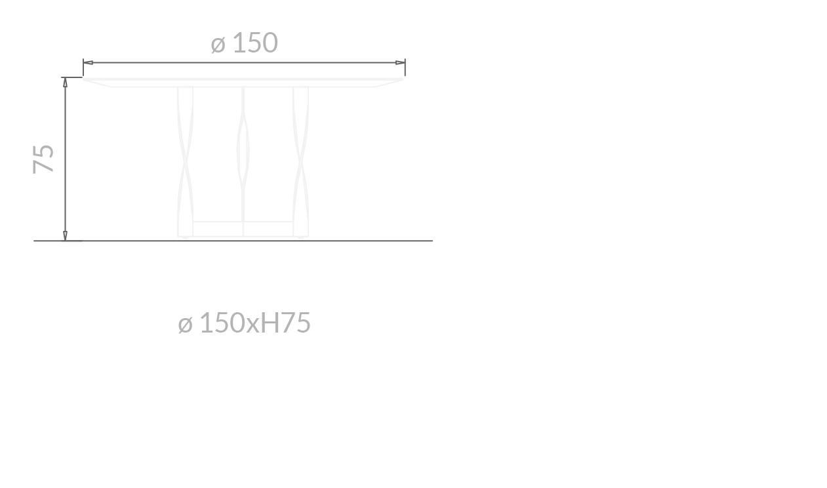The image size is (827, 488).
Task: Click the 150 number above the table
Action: tap(255, 43)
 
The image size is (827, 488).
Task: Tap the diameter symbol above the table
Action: tap(218, 45)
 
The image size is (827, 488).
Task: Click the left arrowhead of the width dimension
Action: tap(89, 63)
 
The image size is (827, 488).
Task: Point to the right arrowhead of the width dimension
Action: tap(400, 63)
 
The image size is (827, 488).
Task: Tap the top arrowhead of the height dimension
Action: tap(65, 83)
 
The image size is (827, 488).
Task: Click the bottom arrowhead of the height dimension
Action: tap(65, 235)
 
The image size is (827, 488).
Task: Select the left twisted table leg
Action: tap(186, 161)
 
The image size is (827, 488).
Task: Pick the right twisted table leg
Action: tap(301, 161)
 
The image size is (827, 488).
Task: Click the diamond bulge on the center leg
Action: tap(243, 148)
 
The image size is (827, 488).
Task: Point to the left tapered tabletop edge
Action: tap(98, 82)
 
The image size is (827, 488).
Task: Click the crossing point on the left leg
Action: tap(186, 159)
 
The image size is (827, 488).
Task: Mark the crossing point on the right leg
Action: tap(301, 159)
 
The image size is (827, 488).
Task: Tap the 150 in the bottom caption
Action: tap(222, 323)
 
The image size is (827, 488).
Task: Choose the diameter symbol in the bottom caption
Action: tap(185, 324)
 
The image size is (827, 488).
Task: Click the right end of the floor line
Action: tap(431, 241)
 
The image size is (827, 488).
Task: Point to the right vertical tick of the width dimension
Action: tap(405, 67)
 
